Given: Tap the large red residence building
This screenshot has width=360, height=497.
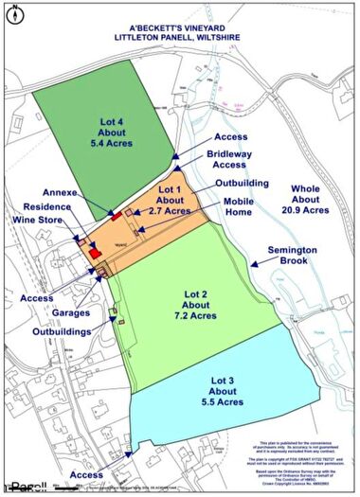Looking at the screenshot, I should [95, 253].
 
